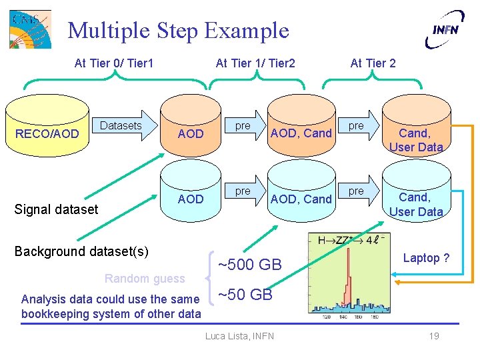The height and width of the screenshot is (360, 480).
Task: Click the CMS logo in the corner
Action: click(x=30, y=29)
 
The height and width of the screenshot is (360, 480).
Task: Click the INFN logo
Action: click(x=444, y=29)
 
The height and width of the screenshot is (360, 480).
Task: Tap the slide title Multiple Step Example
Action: click(x=179, y=30)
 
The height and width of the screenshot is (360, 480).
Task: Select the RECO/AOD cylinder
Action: click(x=47, y=133)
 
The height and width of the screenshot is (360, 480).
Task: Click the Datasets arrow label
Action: click(x=121, y=125)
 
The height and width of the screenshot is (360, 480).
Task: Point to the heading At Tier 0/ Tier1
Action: click(x=114, y=63)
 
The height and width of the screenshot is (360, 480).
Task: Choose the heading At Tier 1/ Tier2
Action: click(x=255, y=63)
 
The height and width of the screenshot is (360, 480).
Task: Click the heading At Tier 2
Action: click(x=373, y=63)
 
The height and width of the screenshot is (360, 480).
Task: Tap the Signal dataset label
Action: click(x=56, y=209)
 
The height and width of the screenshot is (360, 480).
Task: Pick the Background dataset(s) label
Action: click(x=81, y=251)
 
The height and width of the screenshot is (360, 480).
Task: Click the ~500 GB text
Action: click(x=250, y=264)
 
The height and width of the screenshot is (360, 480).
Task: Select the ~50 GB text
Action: click(x=245, y=295)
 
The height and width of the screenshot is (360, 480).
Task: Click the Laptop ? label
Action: click(x=426, y=258)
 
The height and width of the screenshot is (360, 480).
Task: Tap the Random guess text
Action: click(x=145, y=278)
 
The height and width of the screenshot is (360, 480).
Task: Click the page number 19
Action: click(x=434, y=336)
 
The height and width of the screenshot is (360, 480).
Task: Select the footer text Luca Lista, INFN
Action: click(x=239, y=336)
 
